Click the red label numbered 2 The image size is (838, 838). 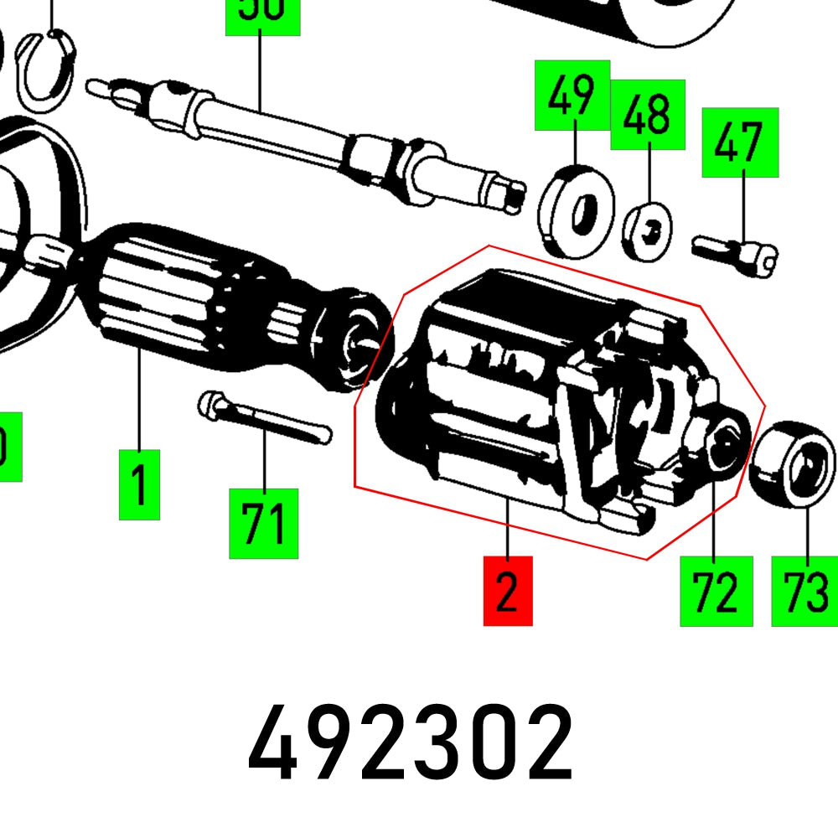[x=508, y=590]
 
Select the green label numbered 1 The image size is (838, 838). [x=139, y=484]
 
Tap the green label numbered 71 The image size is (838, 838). [x=264, y=524]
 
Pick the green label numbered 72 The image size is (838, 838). [x=716, y=591]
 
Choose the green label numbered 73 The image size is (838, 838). [x=804, y=591]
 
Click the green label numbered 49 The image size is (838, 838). [x=572, y=95]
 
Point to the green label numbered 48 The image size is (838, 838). [x=648, y=115]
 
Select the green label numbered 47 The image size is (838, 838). [x=740, y=142]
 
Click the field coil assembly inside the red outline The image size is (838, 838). [x=536, y=394]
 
